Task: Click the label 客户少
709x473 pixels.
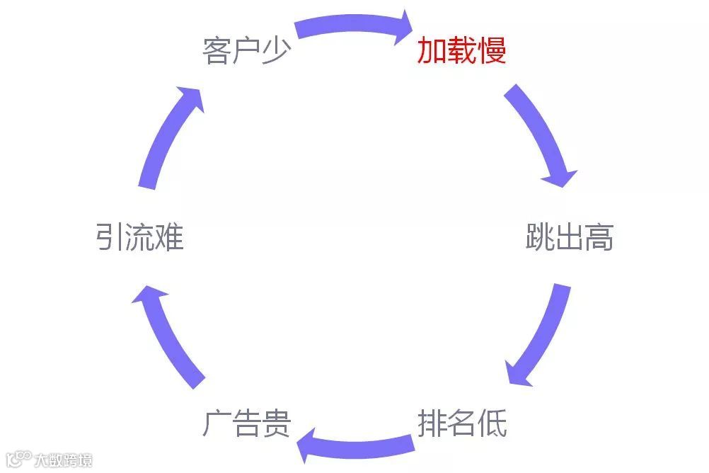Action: click(247, 51)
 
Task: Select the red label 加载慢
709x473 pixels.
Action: click(461, 51)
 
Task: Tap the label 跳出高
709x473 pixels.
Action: click(570, 237)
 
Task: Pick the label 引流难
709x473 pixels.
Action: click(140, 237)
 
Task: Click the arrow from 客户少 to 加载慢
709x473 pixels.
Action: click(354, 25)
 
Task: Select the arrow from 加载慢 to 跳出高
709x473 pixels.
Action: click(542, 135)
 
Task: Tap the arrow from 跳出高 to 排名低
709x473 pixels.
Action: click(541, 336)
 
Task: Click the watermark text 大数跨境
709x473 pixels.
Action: click(64, 460)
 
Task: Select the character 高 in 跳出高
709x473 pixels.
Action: click(599, 237)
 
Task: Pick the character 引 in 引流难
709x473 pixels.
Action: click(110, 237)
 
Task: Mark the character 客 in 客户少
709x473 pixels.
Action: click(217, 51)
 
